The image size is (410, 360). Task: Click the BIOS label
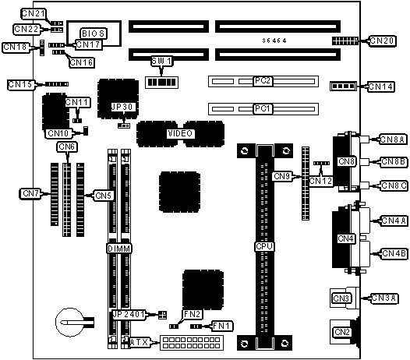tap(93, 34)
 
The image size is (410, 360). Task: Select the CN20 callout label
tap(382, 41)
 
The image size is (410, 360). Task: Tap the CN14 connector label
tap(380, 86)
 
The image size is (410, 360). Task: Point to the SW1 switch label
tap(161, 62)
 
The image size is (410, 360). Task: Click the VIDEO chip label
tap(180, 133)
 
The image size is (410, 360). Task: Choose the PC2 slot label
tap(263, 81)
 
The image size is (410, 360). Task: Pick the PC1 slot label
tap(263, 108)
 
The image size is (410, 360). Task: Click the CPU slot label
tap(264, 246)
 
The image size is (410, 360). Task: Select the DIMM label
tap(119, 249)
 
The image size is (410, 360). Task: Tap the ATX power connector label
tap(139, 342)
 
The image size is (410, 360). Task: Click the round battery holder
tap(70, 322)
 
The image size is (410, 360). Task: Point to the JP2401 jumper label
tap(129, 314)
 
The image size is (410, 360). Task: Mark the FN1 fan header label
tap(222, 326)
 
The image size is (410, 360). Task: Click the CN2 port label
tap(342, 332)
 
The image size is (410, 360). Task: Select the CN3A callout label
tap(384, 298)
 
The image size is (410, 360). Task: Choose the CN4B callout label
tap(394, 253)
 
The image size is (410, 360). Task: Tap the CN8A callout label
tap(392, 139)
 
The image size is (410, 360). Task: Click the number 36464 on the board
tap(274, 41)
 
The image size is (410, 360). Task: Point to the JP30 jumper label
tap(123, 107)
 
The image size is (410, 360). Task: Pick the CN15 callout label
tap(21, 84)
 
